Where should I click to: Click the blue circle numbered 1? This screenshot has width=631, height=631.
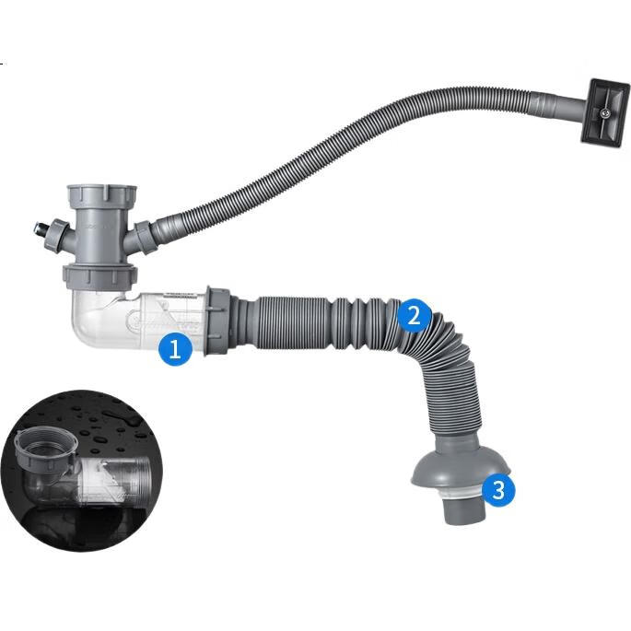[x=175, y=348]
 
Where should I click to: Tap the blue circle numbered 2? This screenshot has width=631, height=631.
[x=415, y=315]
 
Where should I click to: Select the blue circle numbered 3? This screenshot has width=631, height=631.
[x=498, y=490]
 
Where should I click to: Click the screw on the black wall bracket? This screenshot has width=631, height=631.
[x=604, y=114]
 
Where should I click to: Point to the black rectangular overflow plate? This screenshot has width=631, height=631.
[x=605, y=112]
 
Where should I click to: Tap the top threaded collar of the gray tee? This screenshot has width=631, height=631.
[x=101, y=197]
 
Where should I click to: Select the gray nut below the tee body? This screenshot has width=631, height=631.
[x=100, y=276]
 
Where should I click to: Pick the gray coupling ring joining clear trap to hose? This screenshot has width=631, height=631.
[x=217, y=321]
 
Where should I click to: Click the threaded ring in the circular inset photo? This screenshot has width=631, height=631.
[x=44, y=446]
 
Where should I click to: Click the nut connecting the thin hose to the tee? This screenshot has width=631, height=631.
[x=145, y=237]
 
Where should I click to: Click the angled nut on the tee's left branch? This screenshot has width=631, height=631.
[x=56, y=238]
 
